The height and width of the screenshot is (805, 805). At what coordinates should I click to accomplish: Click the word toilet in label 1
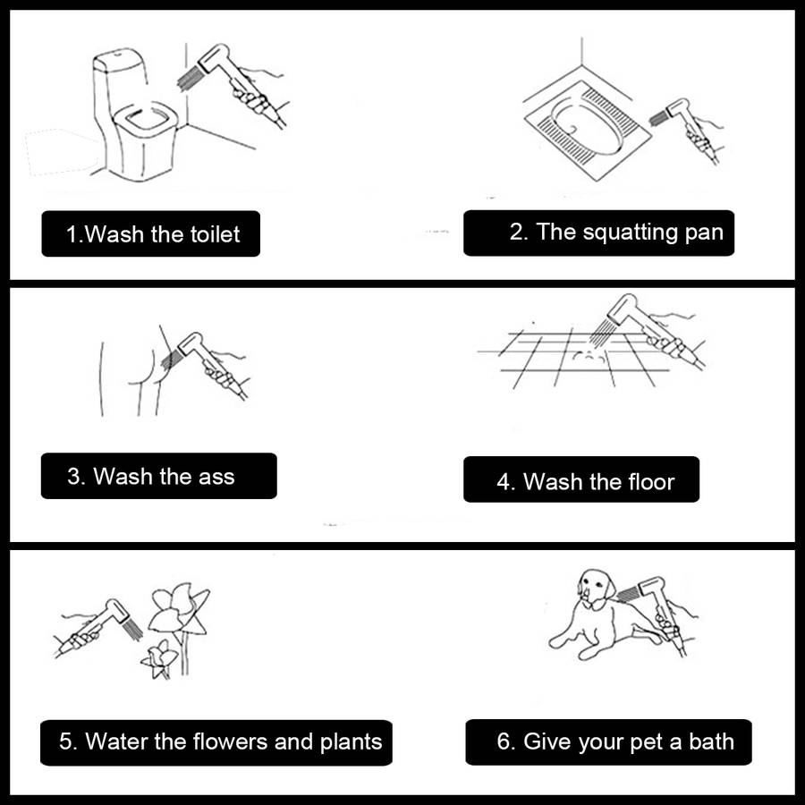[215, 234]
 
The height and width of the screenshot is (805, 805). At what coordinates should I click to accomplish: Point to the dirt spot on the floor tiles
[585, 353]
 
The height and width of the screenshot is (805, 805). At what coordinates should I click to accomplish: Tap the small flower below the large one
[158, 659]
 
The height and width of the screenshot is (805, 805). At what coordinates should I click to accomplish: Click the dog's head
[596, 588]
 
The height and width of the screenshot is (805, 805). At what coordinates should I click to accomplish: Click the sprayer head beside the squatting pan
[679, 109]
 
